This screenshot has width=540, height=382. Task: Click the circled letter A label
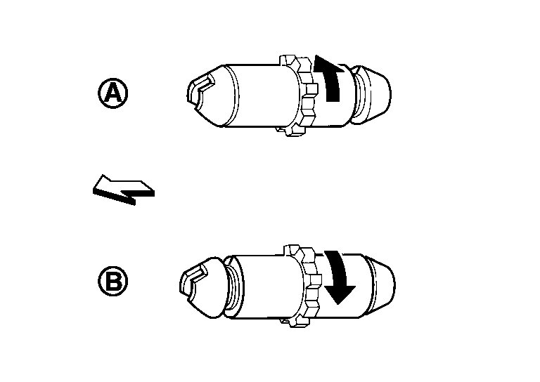(112, 93)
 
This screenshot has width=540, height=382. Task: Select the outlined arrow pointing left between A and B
(124, 189)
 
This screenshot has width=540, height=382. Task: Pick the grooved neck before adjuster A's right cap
(356, 95)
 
